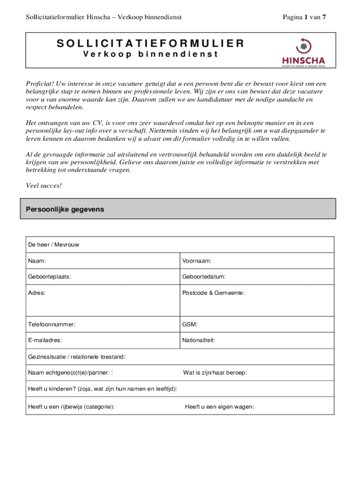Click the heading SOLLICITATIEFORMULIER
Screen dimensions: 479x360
[151, 44]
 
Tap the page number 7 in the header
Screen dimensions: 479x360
[324, 17]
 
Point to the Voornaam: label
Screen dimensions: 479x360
[197, 261]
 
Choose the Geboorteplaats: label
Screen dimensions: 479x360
[50, 276]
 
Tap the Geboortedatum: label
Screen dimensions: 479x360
[204, 276]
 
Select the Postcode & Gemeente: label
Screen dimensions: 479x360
[214, 292]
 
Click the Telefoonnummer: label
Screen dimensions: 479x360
[51, 324]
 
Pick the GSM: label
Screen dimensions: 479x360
[190, 324]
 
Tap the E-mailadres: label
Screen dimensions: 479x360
[45, 340]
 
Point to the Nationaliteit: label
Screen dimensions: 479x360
[199, 340]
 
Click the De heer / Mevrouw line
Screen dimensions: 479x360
[53, 245]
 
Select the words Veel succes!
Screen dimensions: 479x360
[43, 186]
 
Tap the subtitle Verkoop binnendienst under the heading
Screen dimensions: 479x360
[151, 54]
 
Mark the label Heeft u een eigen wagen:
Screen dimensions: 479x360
[219, 406]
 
